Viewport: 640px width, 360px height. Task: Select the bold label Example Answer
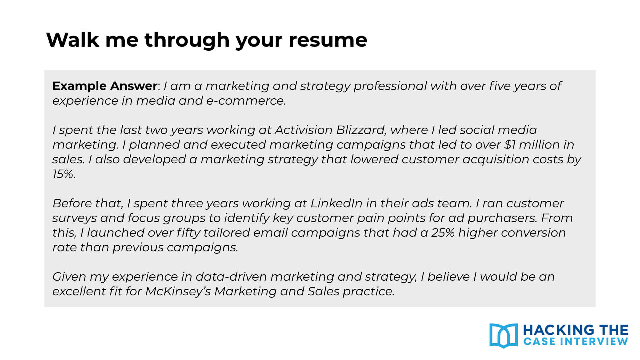pos(105,86)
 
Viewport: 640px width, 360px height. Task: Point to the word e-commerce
pos(246,101)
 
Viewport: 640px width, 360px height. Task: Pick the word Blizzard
pos(361,130)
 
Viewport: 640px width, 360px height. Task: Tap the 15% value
pos(63,174)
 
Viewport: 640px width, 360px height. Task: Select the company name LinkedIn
pos(336,203)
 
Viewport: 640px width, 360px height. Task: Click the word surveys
pos(74,218)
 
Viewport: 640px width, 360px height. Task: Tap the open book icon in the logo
pos(503,335)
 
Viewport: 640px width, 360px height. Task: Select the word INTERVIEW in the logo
pos(594,341)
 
